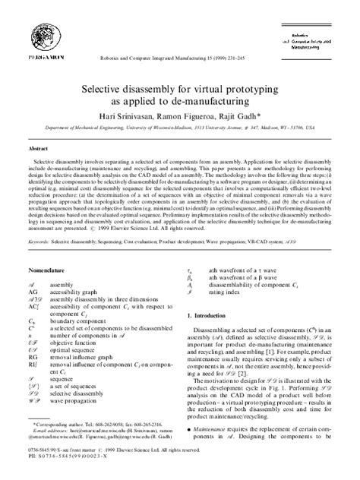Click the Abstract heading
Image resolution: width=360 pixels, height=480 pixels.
coord(39,150)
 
